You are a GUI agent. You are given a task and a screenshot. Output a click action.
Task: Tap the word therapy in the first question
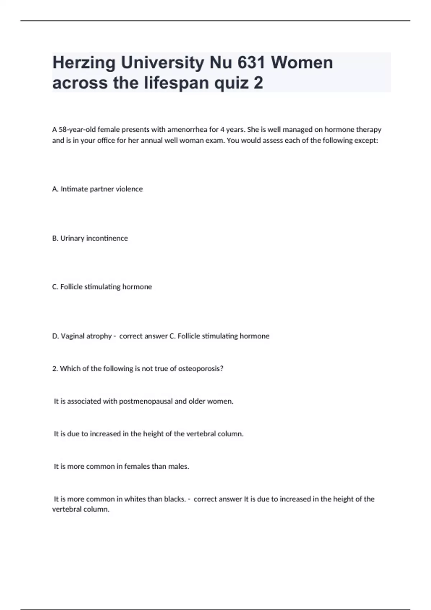(369, 130)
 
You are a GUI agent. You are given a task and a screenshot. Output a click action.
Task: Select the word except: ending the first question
(366, 140)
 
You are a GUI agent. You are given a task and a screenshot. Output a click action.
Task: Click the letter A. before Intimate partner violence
(55, 189)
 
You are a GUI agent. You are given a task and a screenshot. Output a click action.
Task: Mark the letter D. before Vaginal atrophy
(55, 336)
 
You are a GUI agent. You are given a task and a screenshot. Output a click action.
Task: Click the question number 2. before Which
(55, 369)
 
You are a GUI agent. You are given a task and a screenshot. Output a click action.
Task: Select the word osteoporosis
(201, 369)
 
